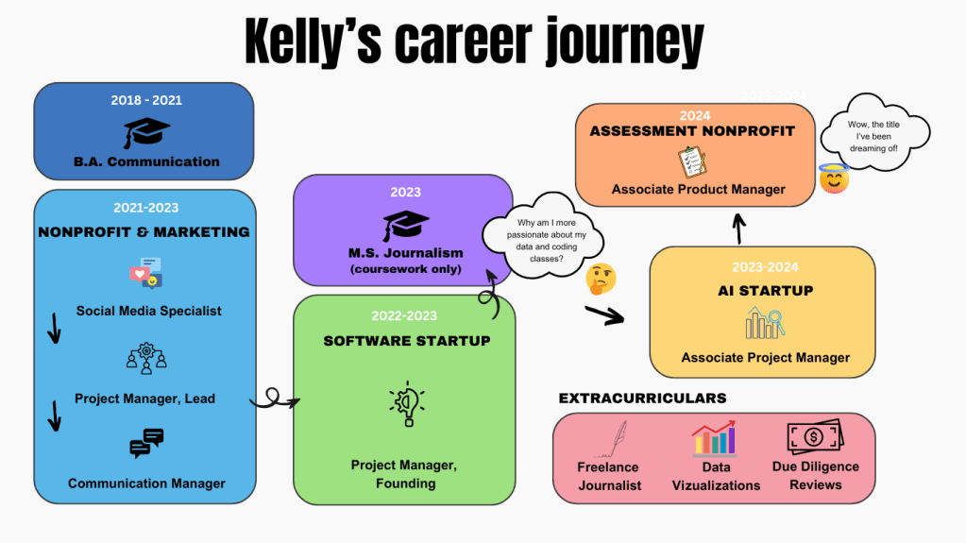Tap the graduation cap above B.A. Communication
[x=146, y=132]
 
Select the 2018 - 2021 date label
[x=146, y=99]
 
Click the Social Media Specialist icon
[x=146, y=274]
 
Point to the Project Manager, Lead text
[x=144, y=399]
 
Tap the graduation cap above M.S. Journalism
[x=406, y=226]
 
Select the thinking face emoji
[x=602, y=278]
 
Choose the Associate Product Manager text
[x=698, y=189]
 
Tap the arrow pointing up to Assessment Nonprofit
[x=739, y=227]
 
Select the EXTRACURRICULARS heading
[x=642, y=399]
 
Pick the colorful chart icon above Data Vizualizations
[x=715, y=440]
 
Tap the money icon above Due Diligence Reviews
[x=815, y=437]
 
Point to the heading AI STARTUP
[x=765, y=291]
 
